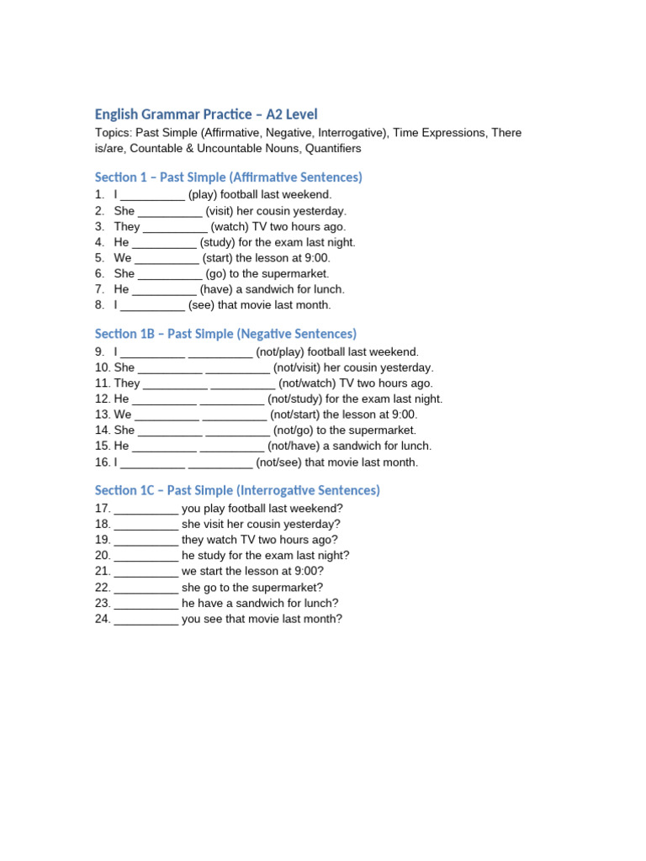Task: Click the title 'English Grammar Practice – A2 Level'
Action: tap(206, 114)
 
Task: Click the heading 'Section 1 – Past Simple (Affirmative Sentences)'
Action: tap(228, 177)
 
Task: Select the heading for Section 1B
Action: tap(225, 334)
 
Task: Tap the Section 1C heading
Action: tap(237, 490)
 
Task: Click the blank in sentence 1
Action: tap(153, 195)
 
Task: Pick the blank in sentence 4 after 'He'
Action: tap(165, 242)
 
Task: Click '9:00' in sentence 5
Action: tap(316, 258)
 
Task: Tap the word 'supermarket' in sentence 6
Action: tap(295, 273)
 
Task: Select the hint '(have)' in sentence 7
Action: tap(220, 289)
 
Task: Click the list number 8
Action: tap(99, 305)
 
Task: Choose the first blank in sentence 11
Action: tap(175, 383)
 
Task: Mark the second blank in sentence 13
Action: tap(235, 415)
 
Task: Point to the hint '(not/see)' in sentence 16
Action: tap(278, 462)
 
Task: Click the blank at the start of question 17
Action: tap(146, 509)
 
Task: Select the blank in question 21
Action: tap(146, 572)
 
